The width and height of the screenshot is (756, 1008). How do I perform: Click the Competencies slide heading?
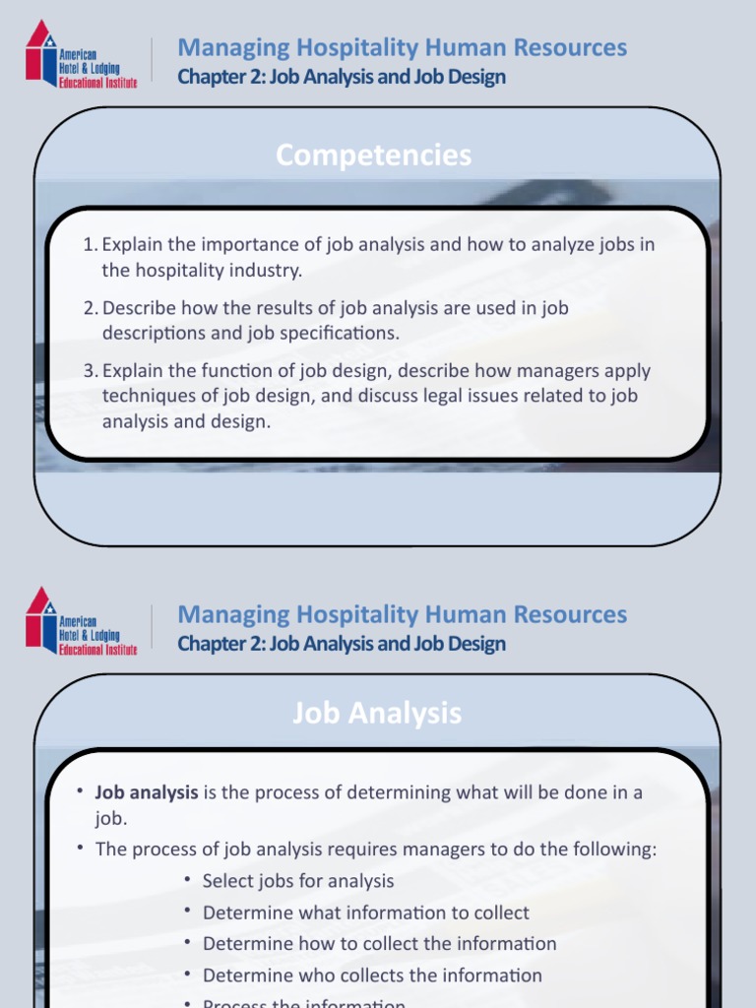(x=373, y=156)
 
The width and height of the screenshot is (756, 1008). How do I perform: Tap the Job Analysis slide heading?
(x=376, y=713)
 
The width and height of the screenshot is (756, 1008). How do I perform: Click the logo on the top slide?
(x=81, y=54)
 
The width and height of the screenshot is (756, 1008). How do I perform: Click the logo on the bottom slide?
(x=81, y=621)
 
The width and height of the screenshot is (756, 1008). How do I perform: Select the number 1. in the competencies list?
(x=91, y=244)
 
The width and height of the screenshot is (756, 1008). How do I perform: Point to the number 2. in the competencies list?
(x=91, y=308)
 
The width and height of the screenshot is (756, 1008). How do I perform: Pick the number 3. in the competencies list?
(x=91, y=371)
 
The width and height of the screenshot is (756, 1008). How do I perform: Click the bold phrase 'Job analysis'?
(x=146, y=792)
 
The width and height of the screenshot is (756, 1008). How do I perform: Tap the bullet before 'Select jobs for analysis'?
(x=188, y=880)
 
